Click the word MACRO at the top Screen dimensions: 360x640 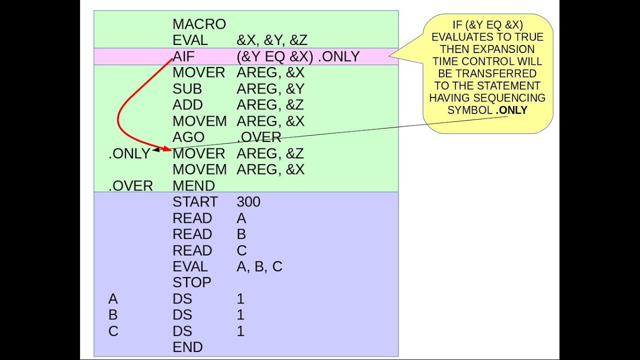click(199, 24)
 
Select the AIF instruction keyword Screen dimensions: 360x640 click(183, 56)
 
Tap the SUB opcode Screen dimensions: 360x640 click(187, 89)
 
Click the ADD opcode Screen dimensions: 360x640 click(187, 105)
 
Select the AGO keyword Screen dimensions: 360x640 click(188, 137)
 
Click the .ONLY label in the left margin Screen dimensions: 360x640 click(129, 153)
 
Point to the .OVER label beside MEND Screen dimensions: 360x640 click(130, 186)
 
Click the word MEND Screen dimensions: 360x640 click(193, 186)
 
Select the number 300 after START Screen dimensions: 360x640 click(248, 202)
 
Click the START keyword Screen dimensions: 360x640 click(195, 202)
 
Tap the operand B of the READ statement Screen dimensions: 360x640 click(241, 234)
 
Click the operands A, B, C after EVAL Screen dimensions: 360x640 click(259, 266)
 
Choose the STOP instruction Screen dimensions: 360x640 click(191, 282)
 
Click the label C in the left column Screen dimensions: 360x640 click(113, 331)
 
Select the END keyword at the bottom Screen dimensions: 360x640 click(187, 347)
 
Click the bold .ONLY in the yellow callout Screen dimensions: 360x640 click(511, 110)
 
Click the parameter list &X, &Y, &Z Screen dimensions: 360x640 click(272, 40)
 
